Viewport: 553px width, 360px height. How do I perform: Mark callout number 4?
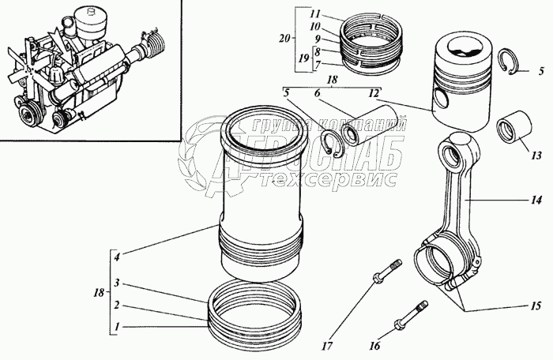pyautogui.click(x=115, y=255)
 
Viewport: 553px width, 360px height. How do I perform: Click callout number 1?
pyautogui.click(x=115, y=326)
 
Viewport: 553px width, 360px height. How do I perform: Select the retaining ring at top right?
pyautogui.click(x=510, y=64)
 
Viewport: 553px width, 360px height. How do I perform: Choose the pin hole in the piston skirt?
pyautogui.click(x=442, y=101)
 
